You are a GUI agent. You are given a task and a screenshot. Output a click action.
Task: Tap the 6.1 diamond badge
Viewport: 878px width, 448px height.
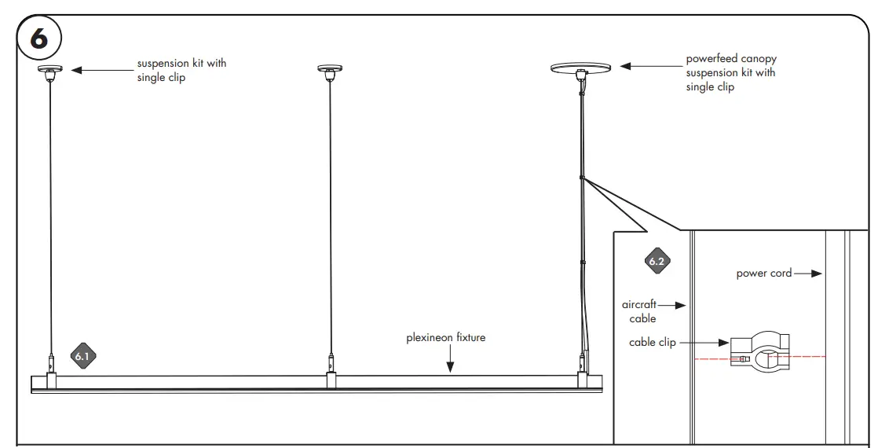click(x=83, y=356)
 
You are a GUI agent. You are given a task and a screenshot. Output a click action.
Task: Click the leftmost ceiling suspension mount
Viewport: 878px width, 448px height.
click(x=50, y=72)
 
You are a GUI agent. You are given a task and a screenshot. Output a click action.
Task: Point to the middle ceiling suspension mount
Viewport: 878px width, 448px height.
click(x=330, y=72)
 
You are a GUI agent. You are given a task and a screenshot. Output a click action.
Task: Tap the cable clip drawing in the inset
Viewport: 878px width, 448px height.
click(x=759, y=356)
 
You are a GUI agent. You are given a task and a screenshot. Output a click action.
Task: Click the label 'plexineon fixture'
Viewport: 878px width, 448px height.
click(x=445, y=338)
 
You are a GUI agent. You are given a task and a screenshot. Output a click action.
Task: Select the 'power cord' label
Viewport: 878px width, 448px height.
click(x=763, y=274)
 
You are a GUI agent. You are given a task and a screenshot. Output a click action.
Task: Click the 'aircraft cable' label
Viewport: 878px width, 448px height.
click(x=639, y=311)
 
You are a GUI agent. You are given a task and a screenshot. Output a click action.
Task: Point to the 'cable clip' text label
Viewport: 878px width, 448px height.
click(x=652, y=343)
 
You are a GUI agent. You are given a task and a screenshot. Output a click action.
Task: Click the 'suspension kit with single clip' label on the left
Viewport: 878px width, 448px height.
click(x=181, y=70)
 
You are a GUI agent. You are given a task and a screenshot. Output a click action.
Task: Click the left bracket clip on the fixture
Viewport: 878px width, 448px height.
click(x=51, y=380)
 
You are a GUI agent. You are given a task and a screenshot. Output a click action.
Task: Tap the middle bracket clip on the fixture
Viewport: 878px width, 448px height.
click(x=331, y=380)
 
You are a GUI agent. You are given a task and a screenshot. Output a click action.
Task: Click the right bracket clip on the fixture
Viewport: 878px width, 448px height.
click(x=583, y=380)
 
